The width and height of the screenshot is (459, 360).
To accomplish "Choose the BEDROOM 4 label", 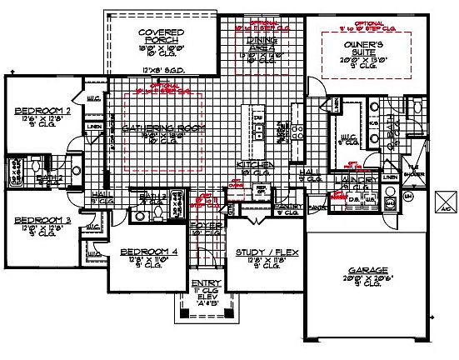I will (x=144, y=252).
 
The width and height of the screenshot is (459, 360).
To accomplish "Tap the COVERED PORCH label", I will (x=161, y=37).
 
